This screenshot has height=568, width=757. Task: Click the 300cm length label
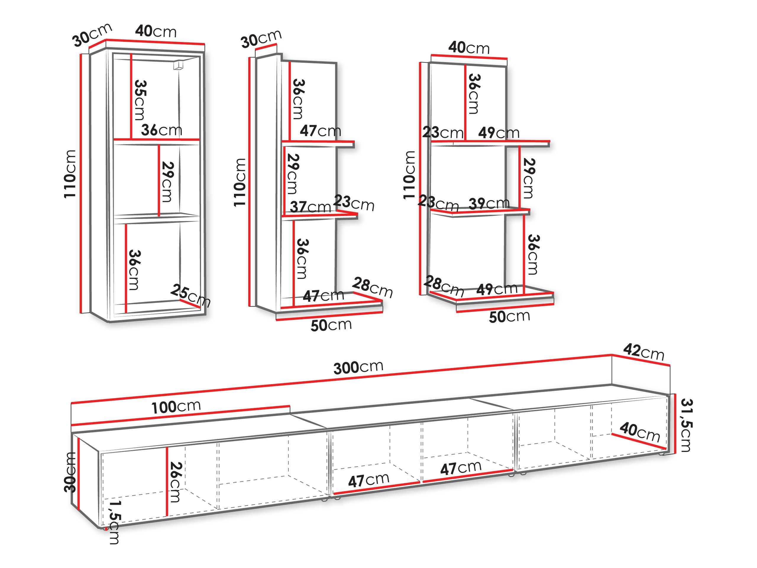click(358, 367)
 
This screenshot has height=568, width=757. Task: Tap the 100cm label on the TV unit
click(176, 407)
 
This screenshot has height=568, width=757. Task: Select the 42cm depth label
click(643, 352)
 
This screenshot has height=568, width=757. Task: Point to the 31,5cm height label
click(685, 425)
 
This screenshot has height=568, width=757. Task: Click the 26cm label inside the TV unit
click(174, 482)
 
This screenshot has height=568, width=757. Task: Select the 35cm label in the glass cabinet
click(140, 100)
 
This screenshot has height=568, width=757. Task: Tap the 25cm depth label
click(190, 296)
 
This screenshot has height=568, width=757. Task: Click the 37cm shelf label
click(310, 207)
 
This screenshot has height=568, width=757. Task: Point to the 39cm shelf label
click(489, 203)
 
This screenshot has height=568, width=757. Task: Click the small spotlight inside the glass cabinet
click(178, 65)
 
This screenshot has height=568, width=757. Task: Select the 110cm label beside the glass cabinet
click(69, 174)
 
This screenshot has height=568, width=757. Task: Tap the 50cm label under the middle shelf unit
click(331, 325)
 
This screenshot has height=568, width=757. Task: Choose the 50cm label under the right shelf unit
click(509, 316)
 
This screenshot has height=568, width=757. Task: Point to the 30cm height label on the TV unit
click(70, 472)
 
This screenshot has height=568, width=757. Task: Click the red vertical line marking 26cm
click(167, 482)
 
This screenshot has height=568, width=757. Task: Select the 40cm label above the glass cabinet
click(156, 31)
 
